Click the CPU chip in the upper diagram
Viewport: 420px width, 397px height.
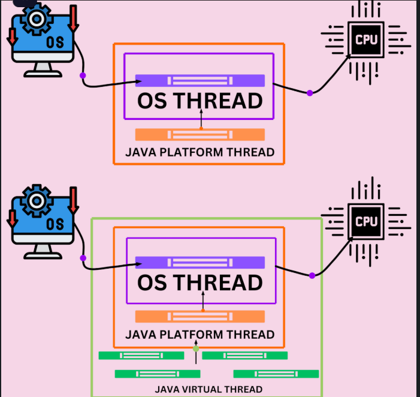coord(366,40)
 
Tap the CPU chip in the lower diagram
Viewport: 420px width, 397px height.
coord(366,221)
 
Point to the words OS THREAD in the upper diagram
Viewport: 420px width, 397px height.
coord(200,100)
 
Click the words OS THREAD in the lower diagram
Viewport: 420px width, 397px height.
coord(200,282)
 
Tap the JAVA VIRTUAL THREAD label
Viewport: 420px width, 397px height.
coord(209,389)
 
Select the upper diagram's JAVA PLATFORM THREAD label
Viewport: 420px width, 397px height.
coord(200,152)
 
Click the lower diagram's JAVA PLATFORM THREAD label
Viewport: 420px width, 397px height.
coord(200,334)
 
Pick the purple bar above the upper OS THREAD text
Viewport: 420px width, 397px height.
coord(200,80)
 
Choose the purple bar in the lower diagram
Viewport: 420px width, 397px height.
coord(200,262)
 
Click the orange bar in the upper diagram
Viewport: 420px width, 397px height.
coord(200,134)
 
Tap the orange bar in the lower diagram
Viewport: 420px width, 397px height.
coord(200,316)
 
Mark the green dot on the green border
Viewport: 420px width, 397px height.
coord(196,348)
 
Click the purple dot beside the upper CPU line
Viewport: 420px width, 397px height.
coord(310,93)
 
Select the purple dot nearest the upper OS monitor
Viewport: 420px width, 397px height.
coord(83,76)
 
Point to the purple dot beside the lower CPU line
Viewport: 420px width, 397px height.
coord(312,275)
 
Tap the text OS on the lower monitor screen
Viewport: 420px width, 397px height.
coord(55,224)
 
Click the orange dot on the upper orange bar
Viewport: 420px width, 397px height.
coord(201,128)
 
